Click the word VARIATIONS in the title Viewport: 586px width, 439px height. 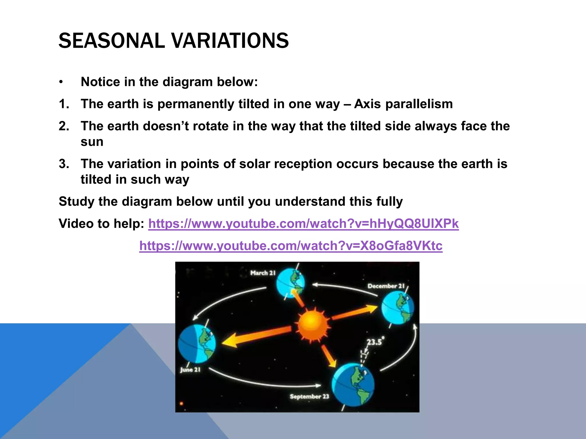[231, 41]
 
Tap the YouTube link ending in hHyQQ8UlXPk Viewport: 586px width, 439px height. [303, 224]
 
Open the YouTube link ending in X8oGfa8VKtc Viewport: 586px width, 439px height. [291, 246]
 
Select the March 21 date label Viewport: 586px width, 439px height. [263, 273]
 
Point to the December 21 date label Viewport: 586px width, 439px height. [386, 286]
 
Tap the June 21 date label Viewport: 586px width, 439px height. [190, 370]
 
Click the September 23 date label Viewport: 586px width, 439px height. [309, 396]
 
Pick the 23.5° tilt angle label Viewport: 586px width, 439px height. [375, 342]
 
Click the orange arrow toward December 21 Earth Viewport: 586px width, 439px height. [355, 313]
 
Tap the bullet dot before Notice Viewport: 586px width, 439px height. [61, 82]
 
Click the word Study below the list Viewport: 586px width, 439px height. [76, 201]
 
